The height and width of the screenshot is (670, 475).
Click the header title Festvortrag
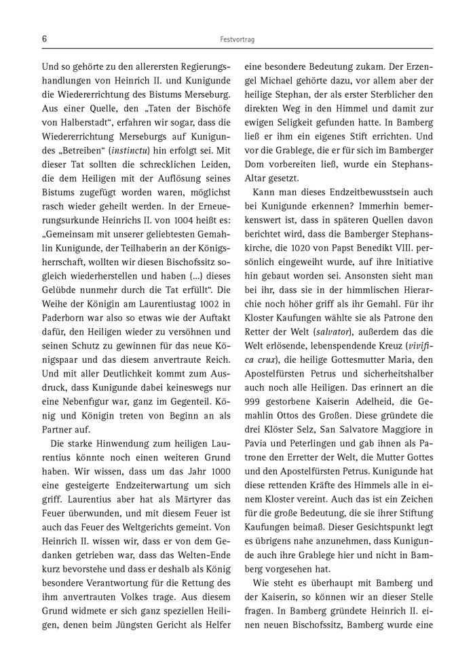[237, 40]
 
